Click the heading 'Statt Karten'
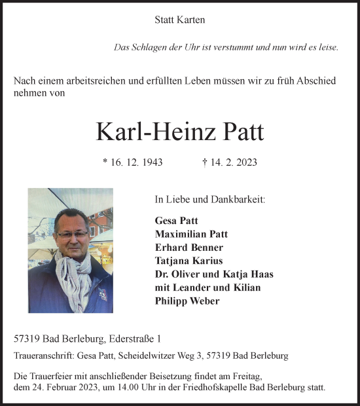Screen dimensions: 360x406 pyautogui.click(x=179, y=20)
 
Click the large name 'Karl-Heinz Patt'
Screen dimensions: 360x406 pyautogui.click(x=179, y=132)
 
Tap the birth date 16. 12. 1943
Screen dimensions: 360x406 pyautogui.click(x=136, y=162)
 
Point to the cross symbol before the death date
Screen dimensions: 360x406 pyautogui.click(x=206, y=162)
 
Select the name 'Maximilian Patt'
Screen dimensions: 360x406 pyautogui.click(x=191, y=233)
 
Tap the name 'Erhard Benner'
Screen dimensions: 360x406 pyautogui.click(x=189, y=247)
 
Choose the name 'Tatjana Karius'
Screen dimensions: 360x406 pyautogui.click(x=189, y=261)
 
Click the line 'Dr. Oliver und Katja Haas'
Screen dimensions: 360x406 pyautogui.click(x=214, y=274)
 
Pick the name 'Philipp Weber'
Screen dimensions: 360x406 pyautogui.click(x=187, y=301)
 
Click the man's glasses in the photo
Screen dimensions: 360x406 pyautogui.click(x=72, y=233)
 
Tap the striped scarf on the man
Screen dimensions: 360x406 pyautogui.click(x=73, y=272)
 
